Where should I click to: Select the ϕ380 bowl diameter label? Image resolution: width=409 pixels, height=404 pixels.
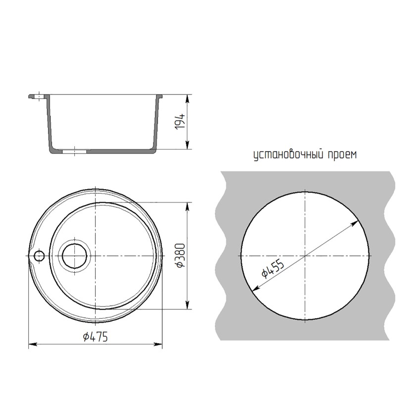coord(181,255)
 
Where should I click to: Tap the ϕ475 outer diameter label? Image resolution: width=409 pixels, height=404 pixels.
coord(95,337)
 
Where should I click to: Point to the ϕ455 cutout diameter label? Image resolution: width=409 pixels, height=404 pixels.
coord(272,269)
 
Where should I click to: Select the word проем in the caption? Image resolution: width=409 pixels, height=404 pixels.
coord(342,155)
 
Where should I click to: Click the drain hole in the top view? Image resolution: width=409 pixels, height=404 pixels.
coord(75,256)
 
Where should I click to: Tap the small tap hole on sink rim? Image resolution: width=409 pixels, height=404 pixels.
coord(39,256)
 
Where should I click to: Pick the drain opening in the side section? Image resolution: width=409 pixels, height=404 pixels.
coord(74,151)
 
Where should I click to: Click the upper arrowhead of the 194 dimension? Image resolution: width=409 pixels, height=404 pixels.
coord(187,99)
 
